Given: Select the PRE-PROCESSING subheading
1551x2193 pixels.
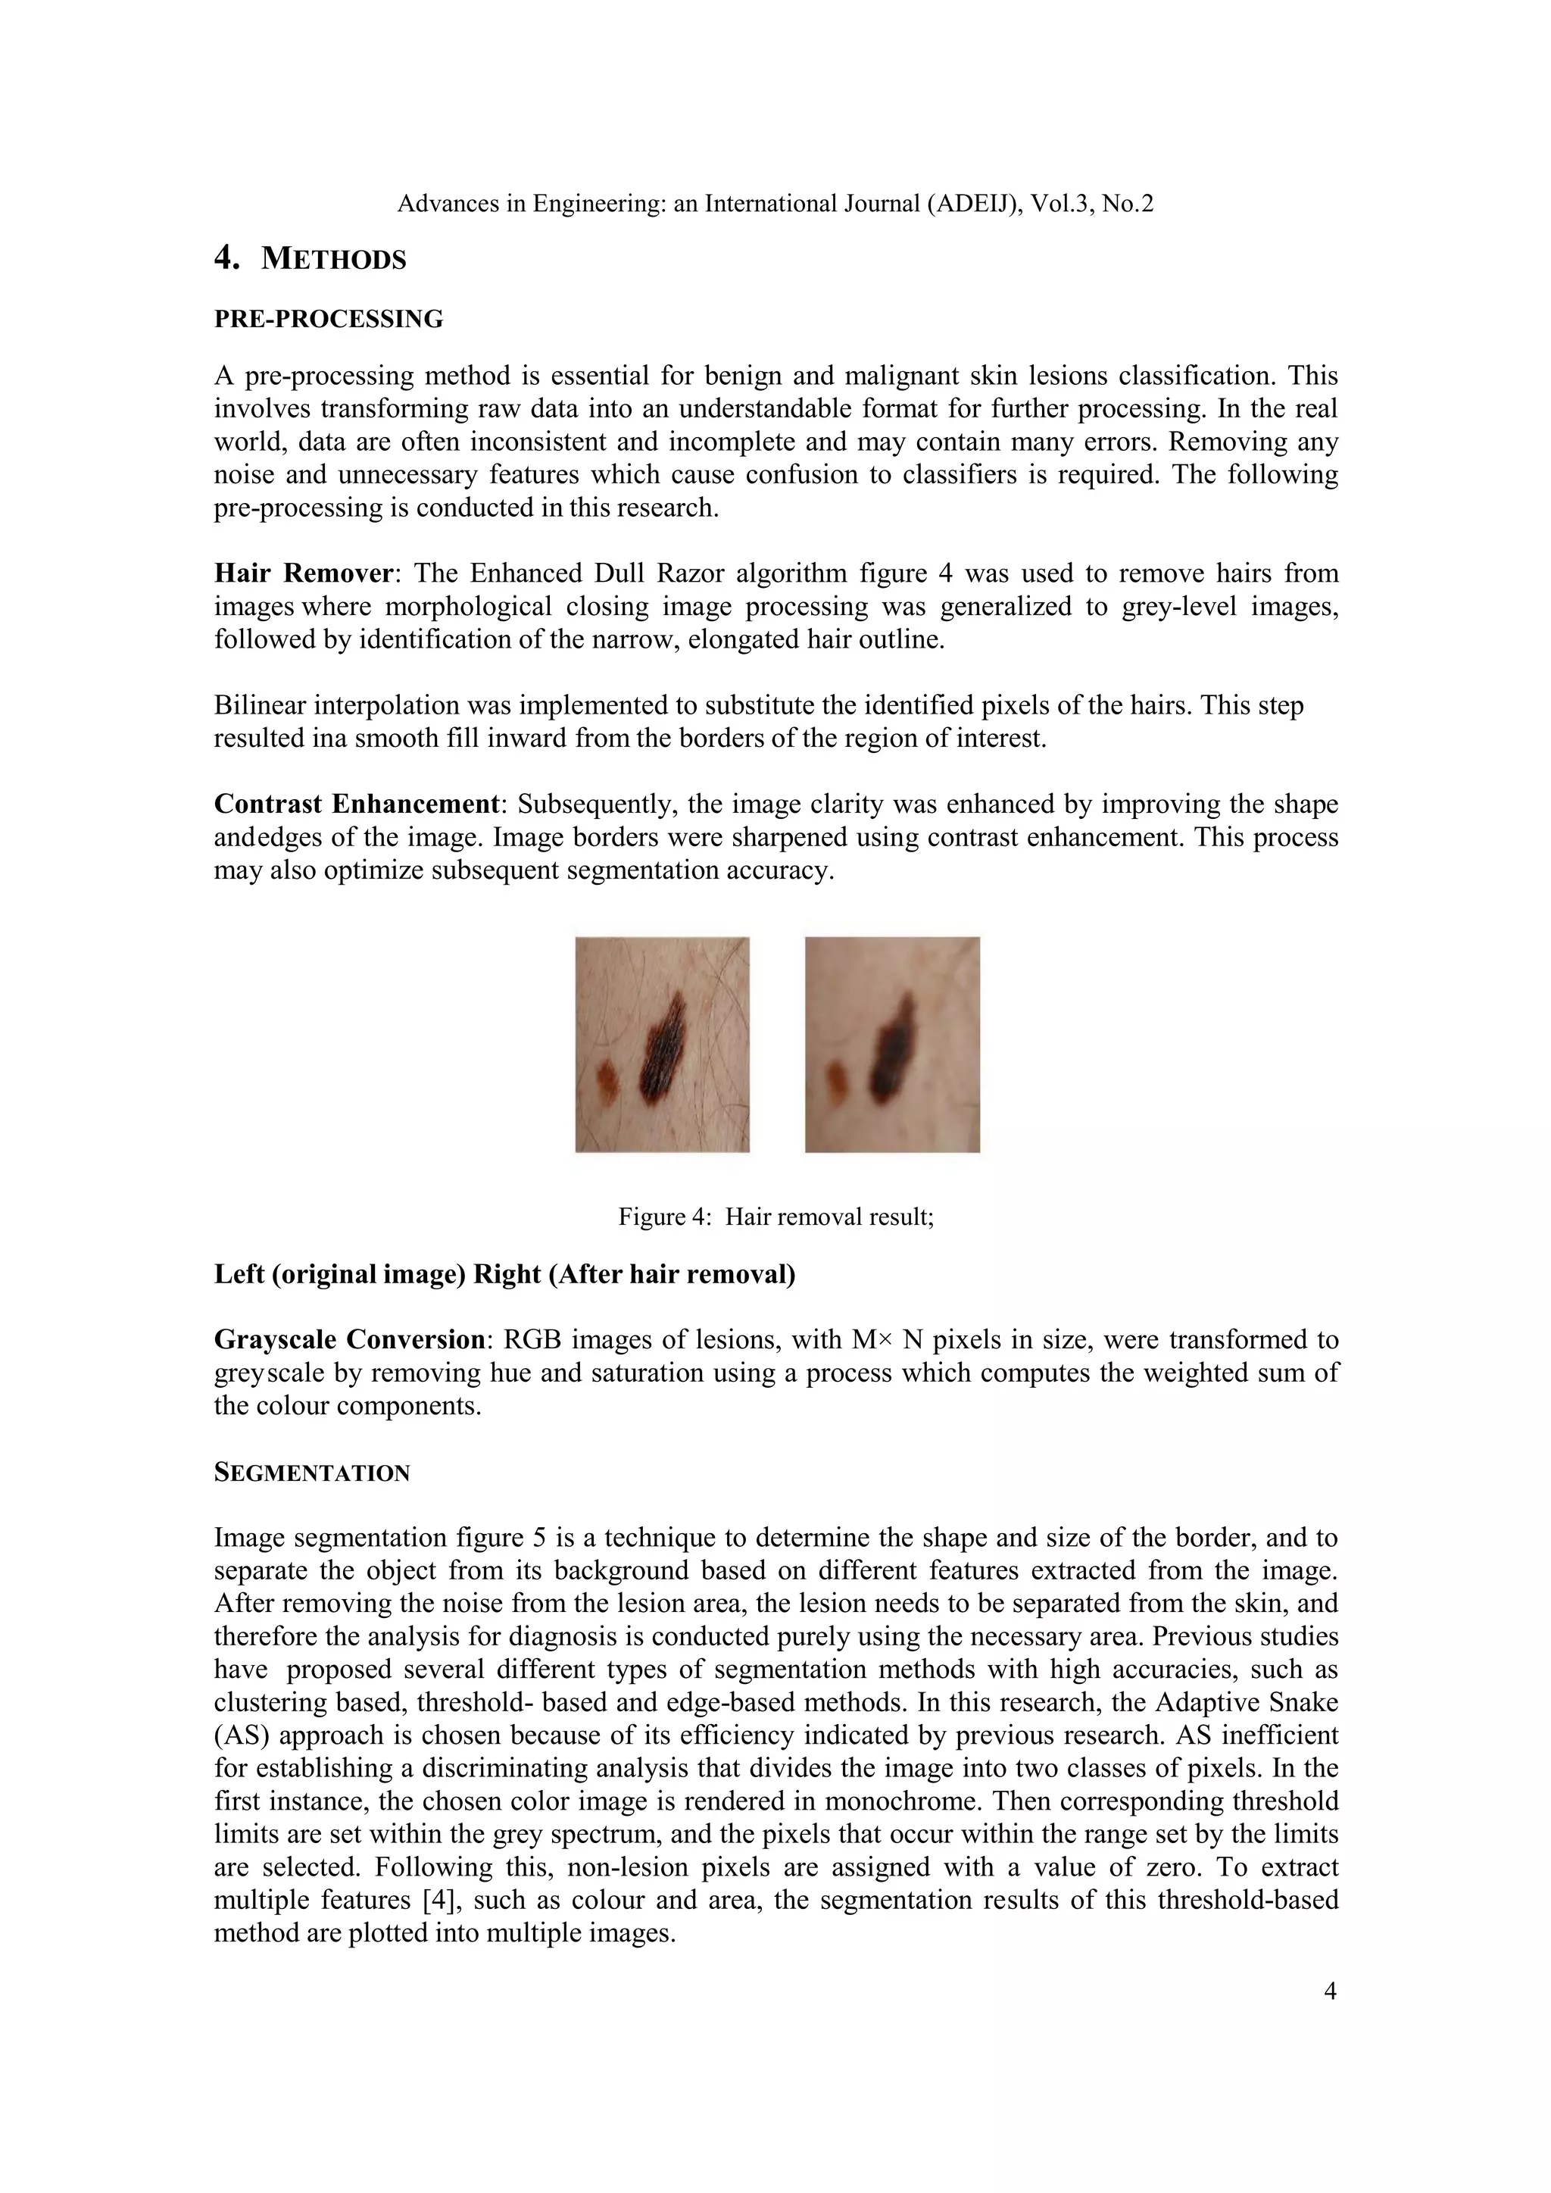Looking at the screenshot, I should coord(329,319).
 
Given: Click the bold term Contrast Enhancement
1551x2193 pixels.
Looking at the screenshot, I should coord(357,804).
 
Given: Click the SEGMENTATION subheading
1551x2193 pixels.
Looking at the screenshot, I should coord(311,1473).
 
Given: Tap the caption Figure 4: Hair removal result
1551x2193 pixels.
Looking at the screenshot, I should coord(775,1217).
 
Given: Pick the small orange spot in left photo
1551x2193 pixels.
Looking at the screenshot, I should coord(607,1079).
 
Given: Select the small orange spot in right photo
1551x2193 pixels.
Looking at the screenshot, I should coord(838,1080).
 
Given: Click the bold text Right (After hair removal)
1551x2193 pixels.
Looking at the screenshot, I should coord(634,1274).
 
